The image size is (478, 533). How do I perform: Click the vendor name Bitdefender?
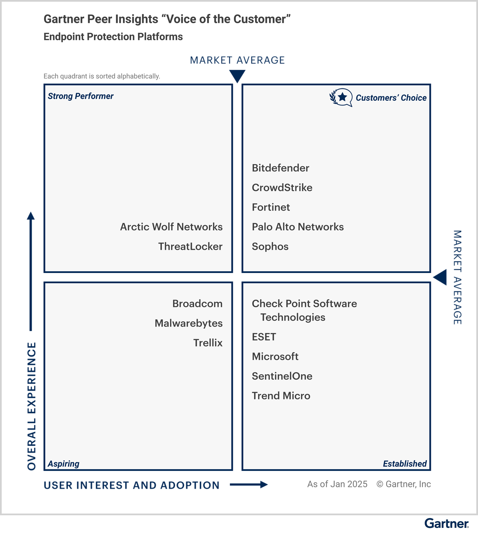[280, 168]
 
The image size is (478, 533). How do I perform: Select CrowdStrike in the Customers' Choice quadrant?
[282, 188]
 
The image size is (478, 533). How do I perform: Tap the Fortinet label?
[271, 207]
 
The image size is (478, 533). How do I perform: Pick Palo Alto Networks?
[298, 227]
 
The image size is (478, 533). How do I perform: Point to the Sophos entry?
[270, 246]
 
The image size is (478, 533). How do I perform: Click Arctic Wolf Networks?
[171, 227]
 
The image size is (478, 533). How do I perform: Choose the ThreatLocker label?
[190, 246]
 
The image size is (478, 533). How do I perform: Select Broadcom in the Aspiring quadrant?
[197, 304]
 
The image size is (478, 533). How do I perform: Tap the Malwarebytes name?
[188, 323]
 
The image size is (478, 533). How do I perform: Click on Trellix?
[208, 343]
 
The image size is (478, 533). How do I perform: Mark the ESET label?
[264, 337]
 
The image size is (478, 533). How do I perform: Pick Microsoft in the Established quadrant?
[275, 357]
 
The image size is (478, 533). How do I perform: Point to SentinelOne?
[282, 376]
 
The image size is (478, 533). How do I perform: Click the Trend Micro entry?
[281, 396]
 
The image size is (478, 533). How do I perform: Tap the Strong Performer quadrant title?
[81, 96]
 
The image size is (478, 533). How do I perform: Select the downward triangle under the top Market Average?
[237, 75]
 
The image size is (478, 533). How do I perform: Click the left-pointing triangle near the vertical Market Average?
[441, 277]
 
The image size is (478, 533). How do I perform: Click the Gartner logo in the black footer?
[446, 523]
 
